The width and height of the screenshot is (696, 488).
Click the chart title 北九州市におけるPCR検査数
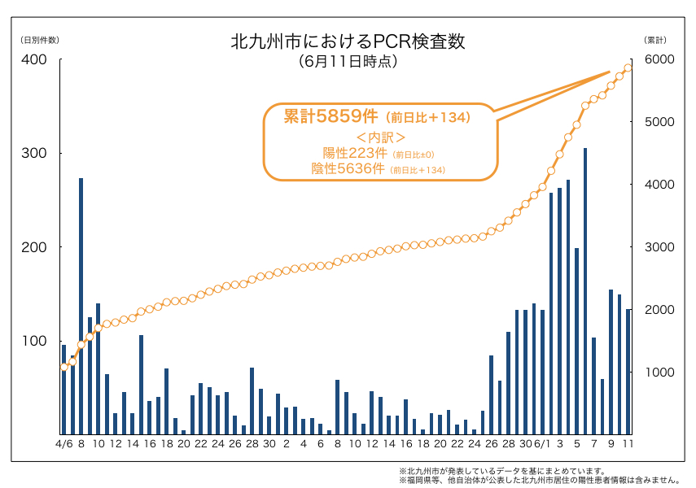pyautogui.click(x=348, y=41)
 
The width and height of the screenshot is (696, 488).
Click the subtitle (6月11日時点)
pyautogui.click(x=348, y=61)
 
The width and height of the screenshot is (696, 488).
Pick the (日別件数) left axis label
pyautogui.click(x=39, y=40)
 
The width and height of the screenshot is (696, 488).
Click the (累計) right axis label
pyautogui.click(x=655, y=40)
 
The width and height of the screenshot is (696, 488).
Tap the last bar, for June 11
pyautogui.click(x=628, y=372)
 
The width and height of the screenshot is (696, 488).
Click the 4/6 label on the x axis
pyautogui.click(x=63, y=444)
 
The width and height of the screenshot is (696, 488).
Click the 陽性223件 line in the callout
pyautogui.click(x=355, y=153)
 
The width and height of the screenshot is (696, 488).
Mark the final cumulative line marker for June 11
pyautogui.click(x=628, y=68)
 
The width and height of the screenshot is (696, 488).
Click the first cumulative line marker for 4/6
pyautogui.click(x=63, y=367)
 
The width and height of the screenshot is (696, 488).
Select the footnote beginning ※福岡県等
pyautogui.click(x=539, y=480)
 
